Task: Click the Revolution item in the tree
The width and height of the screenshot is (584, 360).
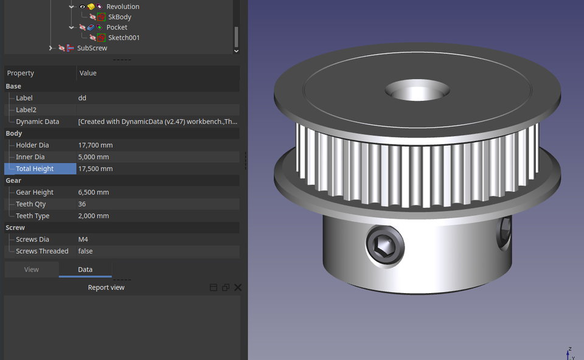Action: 122,7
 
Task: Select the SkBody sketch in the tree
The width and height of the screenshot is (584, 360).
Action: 119,17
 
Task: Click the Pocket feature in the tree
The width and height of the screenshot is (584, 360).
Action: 117,27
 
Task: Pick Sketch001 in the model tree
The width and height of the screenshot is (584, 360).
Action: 123,38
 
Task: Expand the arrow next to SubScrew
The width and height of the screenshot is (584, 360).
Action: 51,48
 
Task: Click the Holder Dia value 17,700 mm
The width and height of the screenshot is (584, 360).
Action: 96,145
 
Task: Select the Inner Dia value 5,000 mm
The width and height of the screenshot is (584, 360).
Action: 94,157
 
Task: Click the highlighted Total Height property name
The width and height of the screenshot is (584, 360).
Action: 35,169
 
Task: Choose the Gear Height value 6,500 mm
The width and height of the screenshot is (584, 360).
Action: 94,192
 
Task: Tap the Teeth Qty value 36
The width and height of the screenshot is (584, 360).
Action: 83,204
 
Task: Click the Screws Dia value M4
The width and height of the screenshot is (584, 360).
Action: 83,240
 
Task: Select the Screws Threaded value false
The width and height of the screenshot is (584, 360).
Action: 86,251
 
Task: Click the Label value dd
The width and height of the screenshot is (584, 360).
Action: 82,98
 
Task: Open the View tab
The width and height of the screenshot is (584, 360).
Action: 32,269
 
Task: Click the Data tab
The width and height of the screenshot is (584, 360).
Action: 85,269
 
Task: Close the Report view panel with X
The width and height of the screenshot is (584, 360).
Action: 238,288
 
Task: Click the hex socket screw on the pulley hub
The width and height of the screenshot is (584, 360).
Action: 385,246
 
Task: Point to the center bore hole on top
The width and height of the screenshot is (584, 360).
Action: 417,91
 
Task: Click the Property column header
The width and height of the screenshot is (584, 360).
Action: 21,73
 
